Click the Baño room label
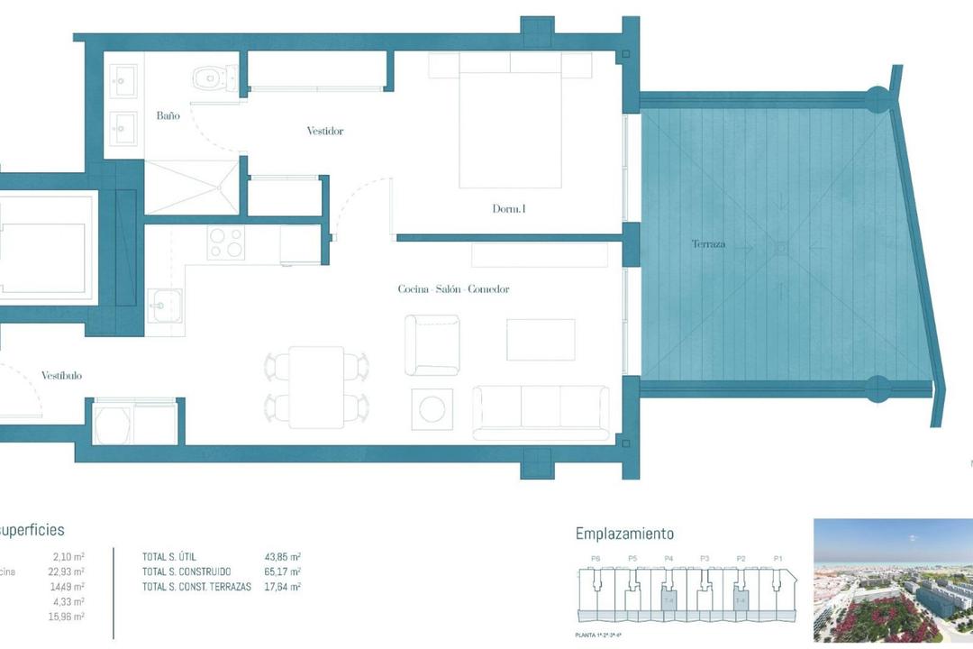(168, 116)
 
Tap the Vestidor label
(324, 132)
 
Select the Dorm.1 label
(508, 209)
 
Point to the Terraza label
(708, 244)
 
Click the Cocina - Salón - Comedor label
(453, 289)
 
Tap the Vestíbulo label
(61, 376)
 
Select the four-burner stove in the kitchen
(225, 243)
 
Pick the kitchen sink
(164, 306)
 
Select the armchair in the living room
(432, 344)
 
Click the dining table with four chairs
(316, 386)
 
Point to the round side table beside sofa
(432, 408)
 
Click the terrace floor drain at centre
(781, 246)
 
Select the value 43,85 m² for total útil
(283, 557)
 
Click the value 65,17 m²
(283, 571)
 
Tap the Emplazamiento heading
(624, 535)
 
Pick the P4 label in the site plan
(668, 559)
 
